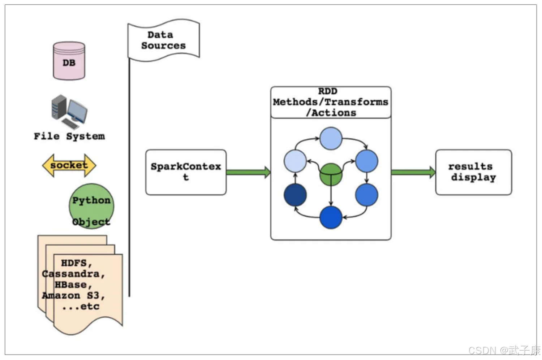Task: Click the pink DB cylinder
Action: tap(69, 61)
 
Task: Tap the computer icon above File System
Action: tap(69, 112)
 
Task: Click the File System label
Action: tap(69, 136)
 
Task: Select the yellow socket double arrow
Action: tap(69, 165)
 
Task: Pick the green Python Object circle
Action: tap(91, 206)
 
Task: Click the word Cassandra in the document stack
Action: tap(73, 274)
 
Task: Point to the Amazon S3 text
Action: tap(73, 295)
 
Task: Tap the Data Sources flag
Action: tap(164, 40)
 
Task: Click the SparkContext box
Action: tap(186, 172)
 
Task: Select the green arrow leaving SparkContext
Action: tap(249, 172)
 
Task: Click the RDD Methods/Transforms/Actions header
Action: tap(331, 102)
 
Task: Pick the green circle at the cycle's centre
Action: tap(331, 174)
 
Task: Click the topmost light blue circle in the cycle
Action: tap(331, 138)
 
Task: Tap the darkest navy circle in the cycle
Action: tap(295, 195)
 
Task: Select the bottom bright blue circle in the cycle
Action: tap(331, 217)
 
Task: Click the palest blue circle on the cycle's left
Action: tap(295, 161)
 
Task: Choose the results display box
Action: tap(473, 172)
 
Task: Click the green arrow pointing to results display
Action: tap(413, 172)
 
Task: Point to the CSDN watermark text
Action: tap(504, 350)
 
